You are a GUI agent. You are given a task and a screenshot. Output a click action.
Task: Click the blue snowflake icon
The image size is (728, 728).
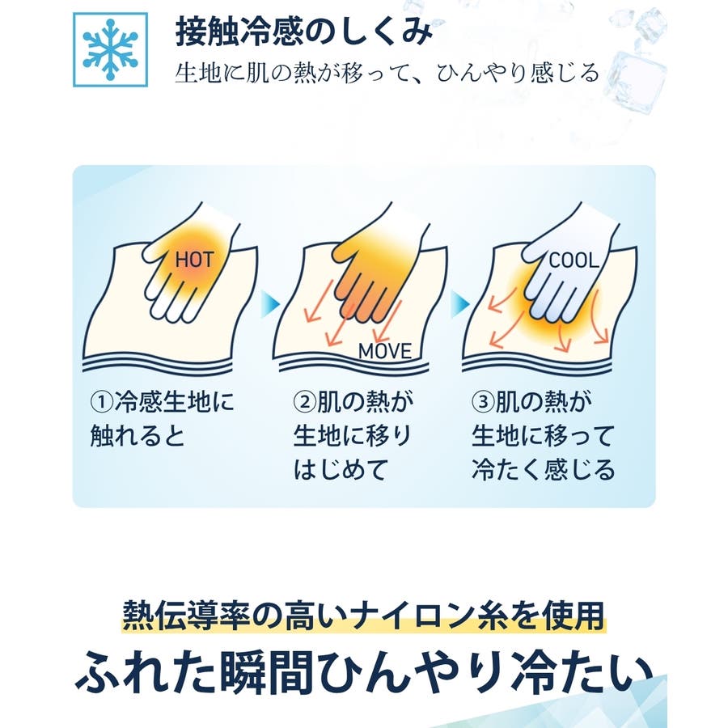(111, 49)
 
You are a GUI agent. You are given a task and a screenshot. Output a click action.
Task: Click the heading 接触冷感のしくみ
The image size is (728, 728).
(303, 32)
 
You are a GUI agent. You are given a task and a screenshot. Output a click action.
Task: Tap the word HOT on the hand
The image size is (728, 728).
(194, 260)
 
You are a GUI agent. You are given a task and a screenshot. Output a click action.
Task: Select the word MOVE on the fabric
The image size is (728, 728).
(385, 352)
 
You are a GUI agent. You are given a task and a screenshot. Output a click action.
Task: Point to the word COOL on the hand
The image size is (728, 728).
(574, 260)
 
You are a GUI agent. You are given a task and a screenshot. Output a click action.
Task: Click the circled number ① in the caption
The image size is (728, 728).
(101, 402)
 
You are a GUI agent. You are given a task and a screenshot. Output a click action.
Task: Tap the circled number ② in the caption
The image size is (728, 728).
(305, 402)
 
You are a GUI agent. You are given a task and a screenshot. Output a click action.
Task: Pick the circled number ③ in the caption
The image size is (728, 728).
(483, 402)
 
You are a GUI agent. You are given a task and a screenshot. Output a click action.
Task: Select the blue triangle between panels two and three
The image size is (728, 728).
(460, 305)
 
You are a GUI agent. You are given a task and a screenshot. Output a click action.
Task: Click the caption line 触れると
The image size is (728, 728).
(138, 436)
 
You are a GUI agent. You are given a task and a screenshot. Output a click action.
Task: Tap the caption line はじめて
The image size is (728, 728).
(341, 470)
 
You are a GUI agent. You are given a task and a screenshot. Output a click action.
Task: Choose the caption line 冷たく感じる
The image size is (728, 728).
(544, 470)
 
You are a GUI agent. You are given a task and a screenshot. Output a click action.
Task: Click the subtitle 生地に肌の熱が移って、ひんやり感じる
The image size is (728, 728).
(387, 74)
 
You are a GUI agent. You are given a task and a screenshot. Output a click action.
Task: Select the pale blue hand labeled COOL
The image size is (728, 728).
(570, 265)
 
